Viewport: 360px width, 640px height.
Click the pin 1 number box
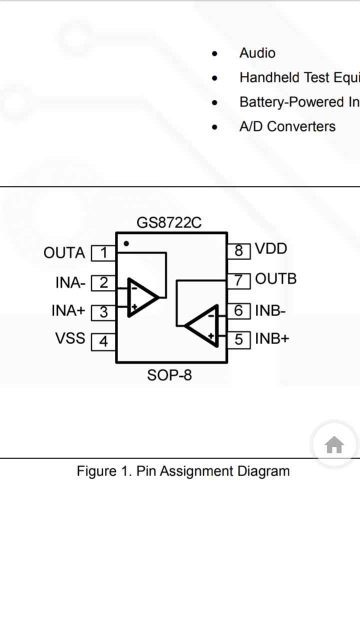pos(103,253)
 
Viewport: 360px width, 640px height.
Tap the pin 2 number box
pos(103,283)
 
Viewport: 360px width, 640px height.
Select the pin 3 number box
pos(103,312)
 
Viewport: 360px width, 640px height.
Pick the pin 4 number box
pos(103,341)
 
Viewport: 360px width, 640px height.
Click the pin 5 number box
pos(239,339)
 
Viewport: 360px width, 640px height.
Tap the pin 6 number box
pos(239,311)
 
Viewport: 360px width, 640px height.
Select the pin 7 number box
pos(239,280)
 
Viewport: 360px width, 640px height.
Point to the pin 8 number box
pos(239,250)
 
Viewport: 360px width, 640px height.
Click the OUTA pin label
pos(64,253)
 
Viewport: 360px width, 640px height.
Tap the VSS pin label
pos(70,338)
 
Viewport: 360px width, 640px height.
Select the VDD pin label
pos(271,248)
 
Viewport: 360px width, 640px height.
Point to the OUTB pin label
pos(275,278)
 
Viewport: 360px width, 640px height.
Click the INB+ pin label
pos(272,338)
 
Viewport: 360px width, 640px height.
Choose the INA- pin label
pos(70,283)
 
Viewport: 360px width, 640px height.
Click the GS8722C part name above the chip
pos(169,222)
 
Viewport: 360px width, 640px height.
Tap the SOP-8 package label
pos(169,375)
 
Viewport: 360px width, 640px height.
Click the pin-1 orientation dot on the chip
pos(126,243)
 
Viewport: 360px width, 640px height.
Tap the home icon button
pos(334,444)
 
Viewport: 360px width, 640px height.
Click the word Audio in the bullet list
pos(257,53)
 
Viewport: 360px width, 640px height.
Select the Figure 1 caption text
pos(183,471)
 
